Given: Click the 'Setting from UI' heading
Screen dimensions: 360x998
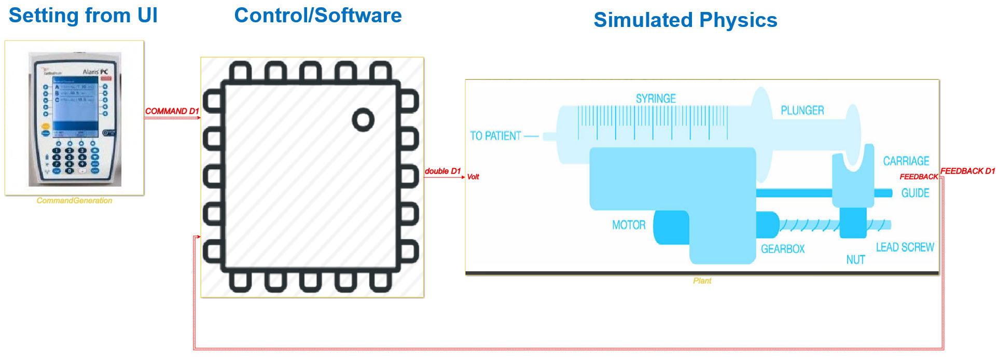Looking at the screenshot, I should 83,16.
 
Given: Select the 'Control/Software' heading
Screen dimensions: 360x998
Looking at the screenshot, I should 318,16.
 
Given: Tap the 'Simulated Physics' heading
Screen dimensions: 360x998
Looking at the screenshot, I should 685,20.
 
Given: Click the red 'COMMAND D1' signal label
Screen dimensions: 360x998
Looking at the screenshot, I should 172,111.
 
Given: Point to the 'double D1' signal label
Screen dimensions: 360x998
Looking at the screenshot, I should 442,171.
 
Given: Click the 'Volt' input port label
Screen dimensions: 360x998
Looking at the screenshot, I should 473,177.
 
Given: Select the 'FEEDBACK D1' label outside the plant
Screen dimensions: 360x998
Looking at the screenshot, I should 967,171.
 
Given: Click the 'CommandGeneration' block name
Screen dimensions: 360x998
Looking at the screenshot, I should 74,201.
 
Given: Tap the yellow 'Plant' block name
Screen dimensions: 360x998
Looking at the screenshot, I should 702,281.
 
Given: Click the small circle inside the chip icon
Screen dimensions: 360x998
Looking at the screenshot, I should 363,120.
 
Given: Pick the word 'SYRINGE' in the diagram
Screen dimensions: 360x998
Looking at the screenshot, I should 656,99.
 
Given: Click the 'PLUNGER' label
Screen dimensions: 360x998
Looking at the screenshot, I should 802,110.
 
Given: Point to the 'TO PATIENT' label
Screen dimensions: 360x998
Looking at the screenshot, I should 495,136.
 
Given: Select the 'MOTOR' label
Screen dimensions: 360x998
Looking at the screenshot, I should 629,225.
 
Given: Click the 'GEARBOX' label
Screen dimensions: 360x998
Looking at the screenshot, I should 783,249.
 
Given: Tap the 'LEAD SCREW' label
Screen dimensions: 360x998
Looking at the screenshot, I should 905,247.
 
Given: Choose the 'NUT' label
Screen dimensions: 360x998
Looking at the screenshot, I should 855,260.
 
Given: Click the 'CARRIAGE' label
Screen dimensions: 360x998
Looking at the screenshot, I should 906,161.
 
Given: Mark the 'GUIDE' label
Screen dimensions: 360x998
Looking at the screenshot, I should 915,193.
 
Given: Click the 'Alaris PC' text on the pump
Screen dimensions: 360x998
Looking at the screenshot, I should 95,72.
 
